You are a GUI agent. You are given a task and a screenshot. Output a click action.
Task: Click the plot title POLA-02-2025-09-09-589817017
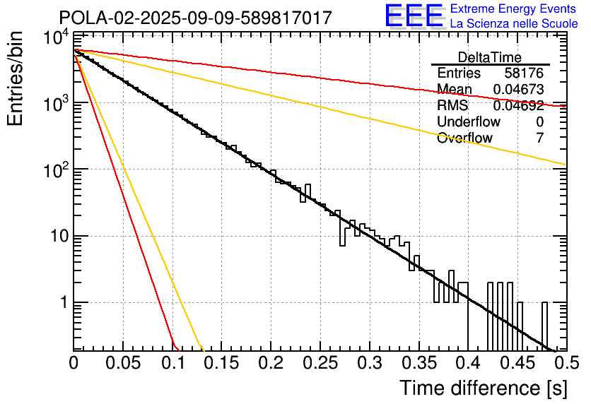pos(195,18)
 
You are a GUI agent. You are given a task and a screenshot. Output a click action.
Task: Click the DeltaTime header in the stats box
pos(490,57)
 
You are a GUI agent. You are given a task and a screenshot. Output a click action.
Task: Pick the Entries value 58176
pos(524,73)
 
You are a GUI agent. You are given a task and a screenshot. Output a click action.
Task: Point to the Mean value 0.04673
pos(518,90)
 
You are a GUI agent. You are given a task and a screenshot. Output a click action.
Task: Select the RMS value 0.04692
pos(518,106)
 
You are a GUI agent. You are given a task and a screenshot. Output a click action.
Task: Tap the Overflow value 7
pos(539,138)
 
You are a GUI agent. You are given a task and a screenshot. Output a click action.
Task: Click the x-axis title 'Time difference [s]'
pos(483,388)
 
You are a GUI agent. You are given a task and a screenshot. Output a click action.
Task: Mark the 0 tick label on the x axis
pos(74,364)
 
